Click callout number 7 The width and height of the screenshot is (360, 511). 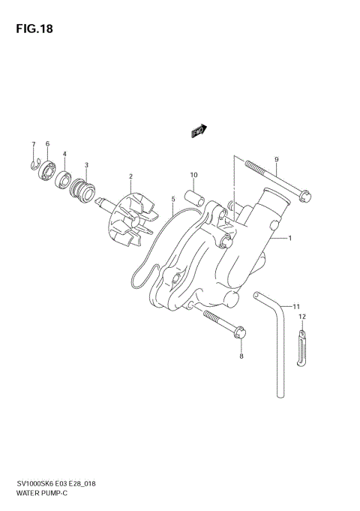coord(33,144)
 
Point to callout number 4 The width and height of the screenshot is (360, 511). coord(64,154)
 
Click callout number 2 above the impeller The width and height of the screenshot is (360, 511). coord(130,177)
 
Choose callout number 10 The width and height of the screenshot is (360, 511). coord(193,176)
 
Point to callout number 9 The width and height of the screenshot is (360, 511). coord(276,159)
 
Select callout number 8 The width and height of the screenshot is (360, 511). coord(241,357)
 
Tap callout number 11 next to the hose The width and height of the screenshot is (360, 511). coord(297,306)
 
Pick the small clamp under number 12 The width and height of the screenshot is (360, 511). coord(301,349)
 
